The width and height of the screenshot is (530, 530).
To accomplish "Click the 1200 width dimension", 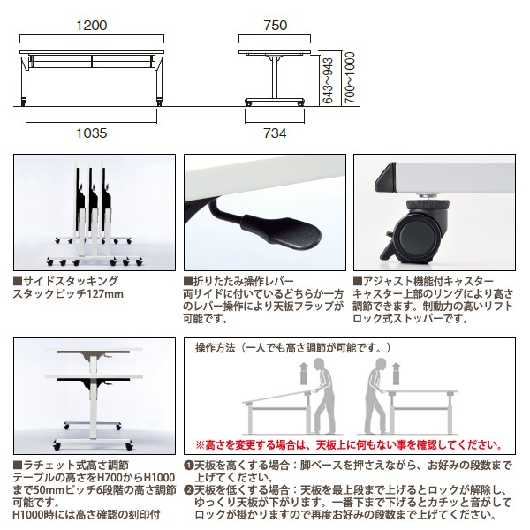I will click(92, 26).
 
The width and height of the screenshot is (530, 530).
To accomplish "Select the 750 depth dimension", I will click(276, 26).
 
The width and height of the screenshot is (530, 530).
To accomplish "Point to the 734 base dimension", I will click(276, 132).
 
